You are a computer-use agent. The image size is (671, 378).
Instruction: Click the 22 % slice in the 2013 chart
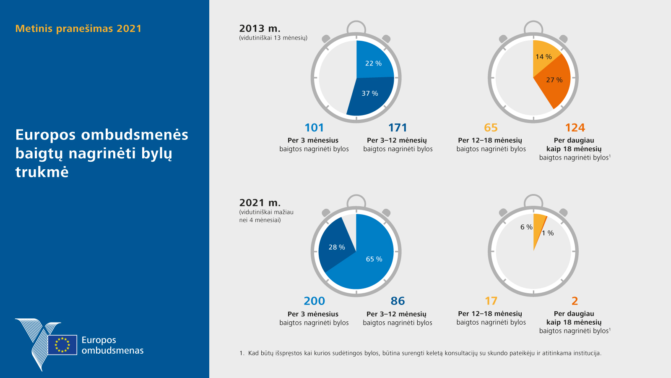click(373, 61)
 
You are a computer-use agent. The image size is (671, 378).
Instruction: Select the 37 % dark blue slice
click(369, 96)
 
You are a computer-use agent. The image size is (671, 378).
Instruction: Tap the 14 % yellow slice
click(544, 55)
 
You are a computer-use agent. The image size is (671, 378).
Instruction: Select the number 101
click(314, 128)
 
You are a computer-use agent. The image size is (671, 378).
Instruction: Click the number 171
click(398, 128)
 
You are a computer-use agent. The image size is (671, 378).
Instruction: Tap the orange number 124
click(575, 128)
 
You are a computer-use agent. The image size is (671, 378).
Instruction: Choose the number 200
click(314, 301)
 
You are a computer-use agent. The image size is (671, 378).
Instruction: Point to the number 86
click(398, 301)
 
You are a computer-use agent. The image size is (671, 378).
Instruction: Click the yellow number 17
click(491, 301)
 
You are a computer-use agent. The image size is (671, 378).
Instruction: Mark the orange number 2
click(575, 301)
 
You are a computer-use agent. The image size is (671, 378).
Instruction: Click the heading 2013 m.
click(260, 29)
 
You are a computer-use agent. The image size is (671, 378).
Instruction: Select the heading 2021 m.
click(260, 203)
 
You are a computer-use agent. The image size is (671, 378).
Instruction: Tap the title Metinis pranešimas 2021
click(78, 29)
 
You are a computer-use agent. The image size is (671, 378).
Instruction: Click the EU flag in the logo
click(62, 345)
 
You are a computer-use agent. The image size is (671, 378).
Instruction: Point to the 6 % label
click(526, 227)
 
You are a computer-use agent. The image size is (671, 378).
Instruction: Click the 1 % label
click(548, 233)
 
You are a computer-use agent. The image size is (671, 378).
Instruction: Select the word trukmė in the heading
click(42, 172)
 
